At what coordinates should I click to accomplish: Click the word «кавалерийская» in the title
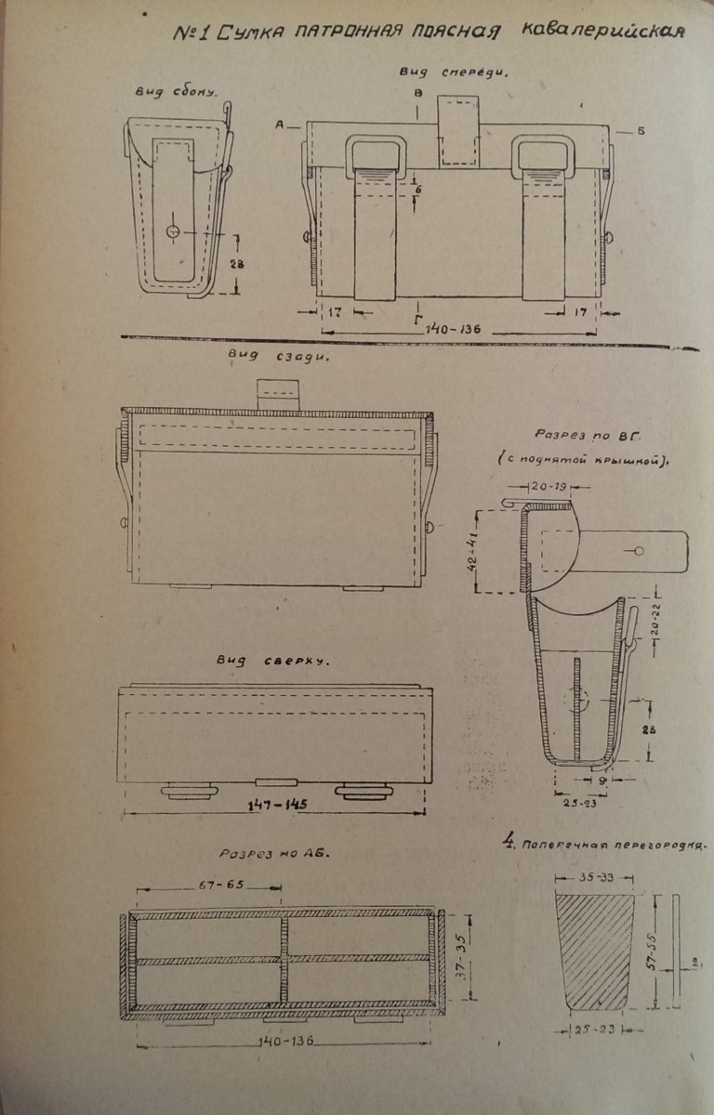(x=604, y=31)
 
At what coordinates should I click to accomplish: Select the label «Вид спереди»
(x=453, y=72)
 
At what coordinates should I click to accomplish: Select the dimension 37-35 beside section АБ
(x=460, y=950)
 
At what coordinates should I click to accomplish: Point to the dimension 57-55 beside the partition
(x=657, y=948)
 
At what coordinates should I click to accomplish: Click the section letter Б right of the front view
(x=641, y=130)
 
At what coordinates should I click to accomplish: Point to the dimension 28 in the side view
(x=238, y=266)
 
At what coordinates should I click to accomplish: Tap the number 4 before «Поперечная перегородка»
(x=509, y=844)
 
